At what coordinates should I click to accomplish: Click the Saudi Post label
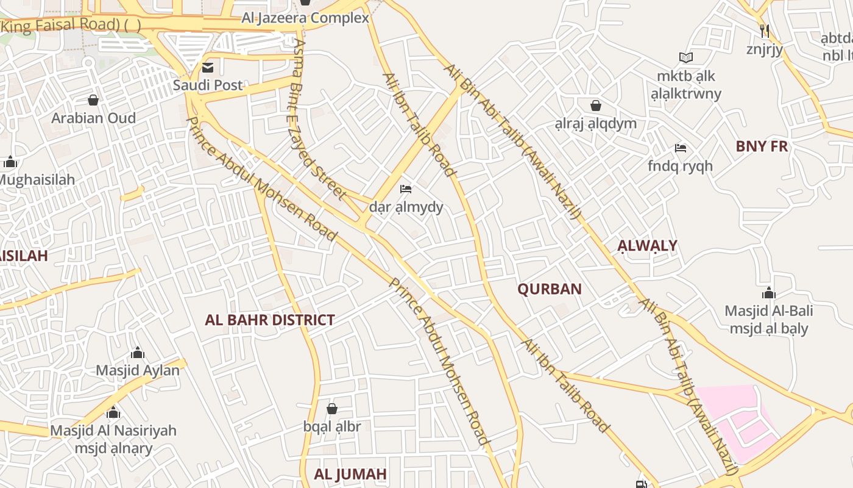point(208,85)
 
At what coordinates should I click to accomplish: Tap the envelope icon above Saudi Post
point(208,67)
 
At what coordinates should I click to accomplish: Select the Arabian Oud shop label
point(93,118)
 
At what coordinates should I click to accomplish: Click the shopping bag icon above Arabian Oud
point(93,99)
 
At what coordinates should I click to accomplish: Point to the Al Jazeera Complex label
point(305,18)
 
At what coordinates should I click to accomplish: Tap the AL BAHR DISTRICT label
point(270,320)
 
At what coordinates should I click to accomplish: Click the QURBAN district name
point(550,289)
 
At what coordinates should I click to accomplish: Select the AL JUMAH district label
point(350,474)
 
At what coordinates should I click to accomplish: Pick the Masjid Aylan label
point(138,370)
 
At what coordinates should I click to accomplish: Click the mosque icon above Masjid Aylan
point(138,353)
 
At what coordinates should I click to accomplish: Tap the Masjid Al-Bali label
point(768,310)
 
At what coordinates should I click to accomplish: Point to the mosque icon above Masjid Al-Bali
point(769,293)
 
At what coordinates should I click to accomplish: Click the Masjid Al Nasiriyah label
point(113,430)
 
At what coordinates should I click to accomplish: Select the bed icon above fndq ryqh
point(681,148)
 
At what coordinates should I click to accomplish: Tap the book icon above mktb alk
point(686,58)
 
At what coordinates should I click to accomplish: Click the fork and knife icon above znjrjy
point(765,30)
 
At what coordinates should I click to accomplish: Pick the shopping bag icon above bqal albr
point(332,409)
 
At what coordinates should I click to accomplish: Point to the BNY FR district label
point(762,146)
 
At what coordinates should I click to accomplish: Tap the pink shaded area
point(737,415)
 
